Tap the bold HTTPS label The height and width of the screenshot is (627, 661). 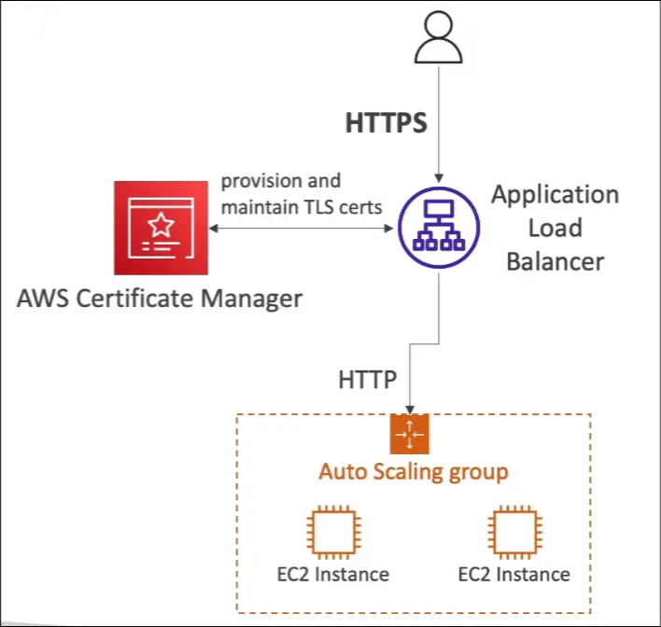(387, 124)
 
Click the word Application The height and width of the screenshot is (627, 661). (555, 195)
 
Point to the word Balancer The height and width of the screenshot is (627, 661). (555, 260)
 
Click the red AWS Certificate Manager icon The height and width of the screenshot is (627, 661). (161, 228)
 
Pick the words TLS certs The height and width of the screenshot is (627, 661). (351, 206)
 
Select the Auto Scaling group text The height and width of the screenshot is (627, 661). (414, 471)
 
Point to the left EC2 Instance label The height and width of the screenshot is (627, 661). (332, 573)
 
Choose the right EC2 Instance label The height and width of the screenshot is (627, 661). (514, 573)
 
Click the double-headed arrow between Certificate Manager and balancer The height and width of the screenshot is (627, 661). (299, 226)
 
